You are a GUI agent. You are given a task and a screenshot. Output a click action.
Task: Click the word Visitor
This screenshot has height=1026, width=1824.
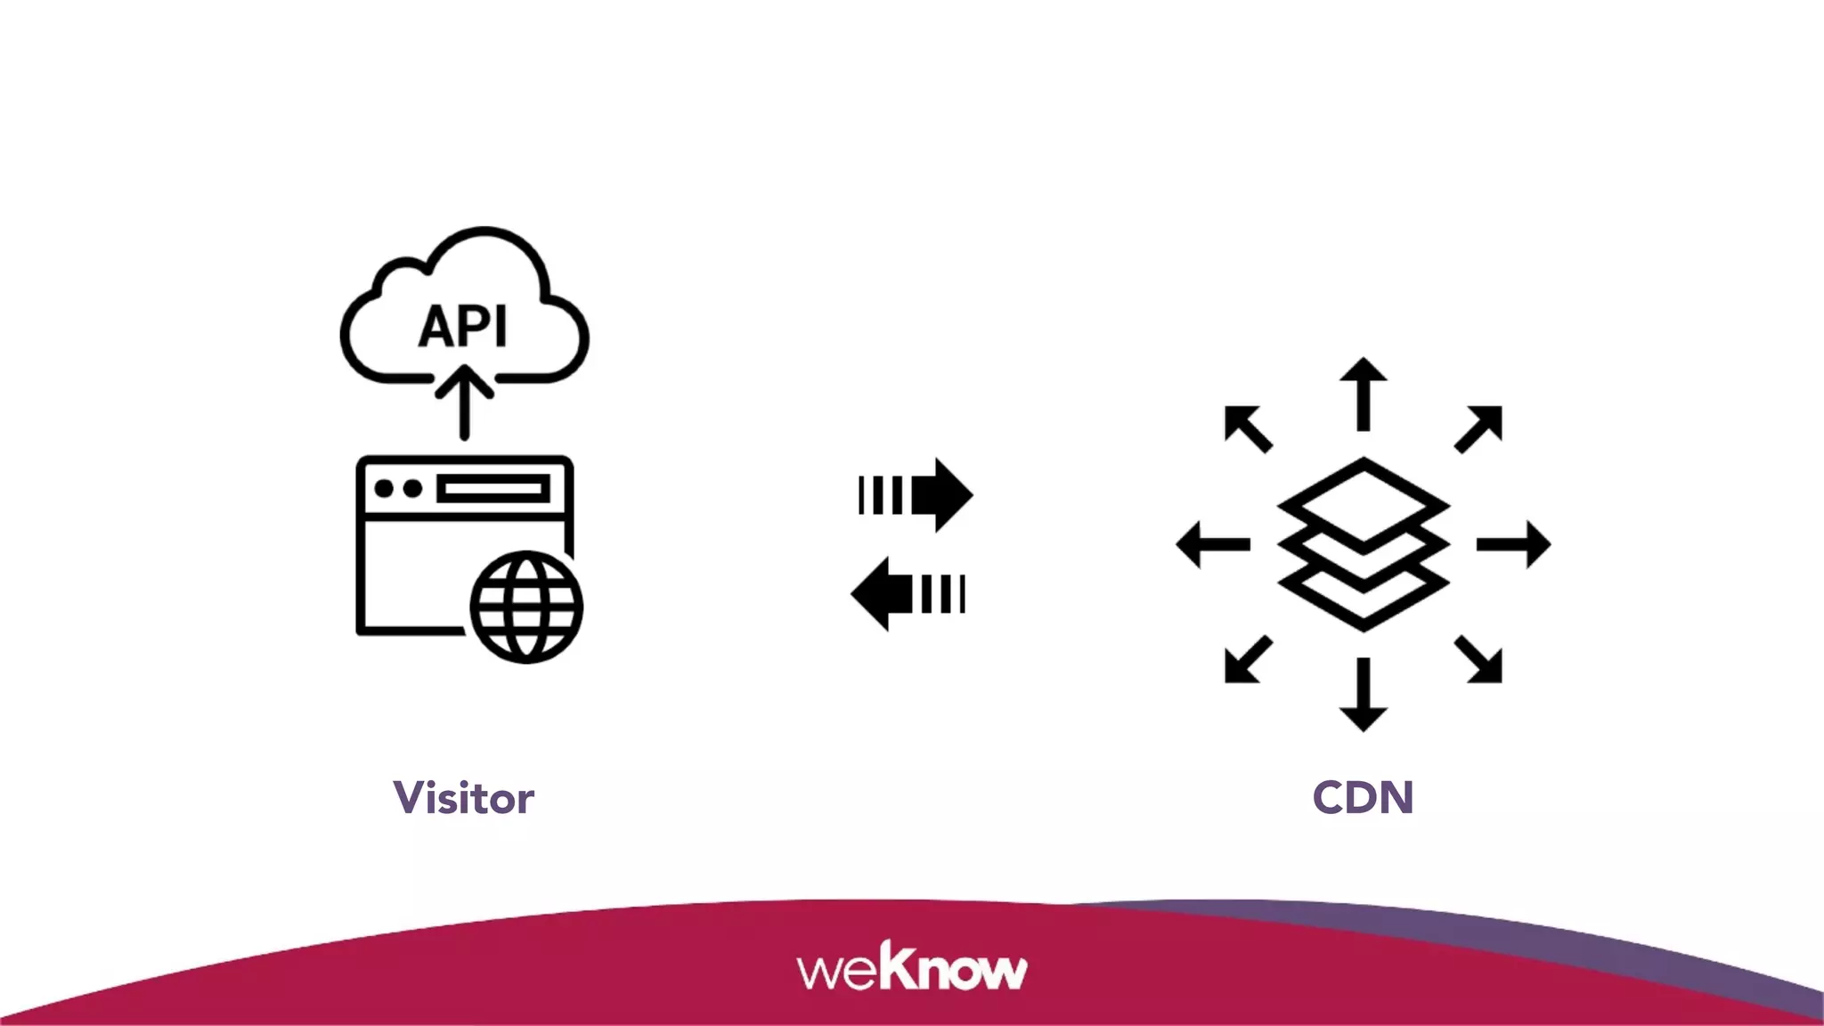[463, 797]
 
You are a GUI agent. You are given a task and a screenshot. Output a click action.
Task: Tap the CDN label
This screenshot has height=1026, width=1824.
[1363, 797]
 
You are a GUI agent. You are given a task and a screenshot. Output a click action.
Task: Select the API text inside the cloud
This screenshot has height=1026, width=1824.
[463, 326]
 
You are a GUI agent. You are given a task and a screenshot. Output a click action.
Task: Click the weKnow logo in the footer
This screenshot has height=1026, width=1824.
[912, 967]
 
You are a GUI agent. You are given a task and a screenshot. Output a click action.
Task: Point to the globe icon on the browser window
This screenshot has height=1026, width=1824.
[526, 607]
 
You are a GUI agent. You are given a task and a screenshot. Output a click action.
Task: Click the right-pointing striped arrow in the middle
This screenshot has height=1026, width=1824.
[917, 495]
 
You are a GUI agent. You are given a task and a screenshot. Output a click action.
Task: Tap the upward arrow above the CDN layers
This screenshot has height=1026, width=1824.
[1363, 394]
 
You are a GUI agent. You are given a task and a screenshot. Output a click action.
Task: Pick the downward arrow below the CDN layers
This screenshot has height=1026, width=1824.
[1363, 695]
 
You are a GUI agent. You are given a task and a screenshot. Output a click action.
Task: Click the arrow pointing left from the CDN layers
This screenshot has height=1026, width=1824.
[1213, 543]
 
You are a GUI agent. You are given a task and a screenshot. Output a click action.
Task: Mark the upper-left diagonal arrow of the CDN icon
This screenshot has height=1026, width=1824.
[1248, 428]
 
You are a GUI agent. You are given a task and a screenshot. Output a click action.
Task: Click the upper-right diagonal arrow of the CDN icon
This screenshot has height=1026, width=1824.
[1479, 428]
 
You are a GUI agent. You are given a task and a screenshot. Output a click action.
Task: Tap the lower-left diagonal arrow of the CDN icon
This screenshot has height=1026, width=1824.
[1248, 660]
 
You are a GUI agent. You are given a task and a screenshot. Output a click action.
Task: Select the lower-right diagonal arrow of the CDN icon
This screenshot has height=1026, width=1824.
[1479, 660]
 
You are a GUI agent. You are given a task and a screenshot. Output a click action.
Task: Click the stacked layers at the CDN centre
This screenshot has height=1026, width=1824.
[1363, 544]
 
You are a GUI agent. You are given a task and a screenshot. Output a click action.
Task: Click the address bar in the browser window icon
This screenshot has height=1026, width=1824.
[493, 489]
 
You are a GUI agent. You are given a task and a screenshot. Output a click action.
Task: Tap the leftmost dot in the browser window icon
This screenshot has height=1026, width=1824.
[384, 489]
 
